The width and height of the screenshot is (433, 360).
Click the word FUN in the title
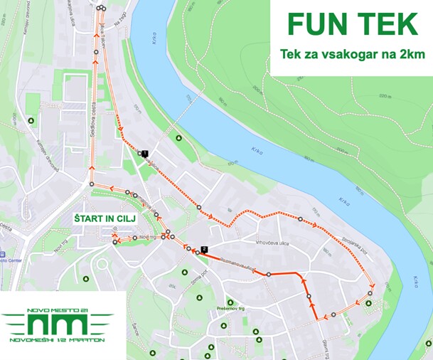(310, 24)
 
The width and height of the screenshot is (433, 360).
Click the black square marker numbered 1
(145, 153)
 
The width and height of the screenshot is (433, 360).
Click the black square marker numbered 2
(204, 249)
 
